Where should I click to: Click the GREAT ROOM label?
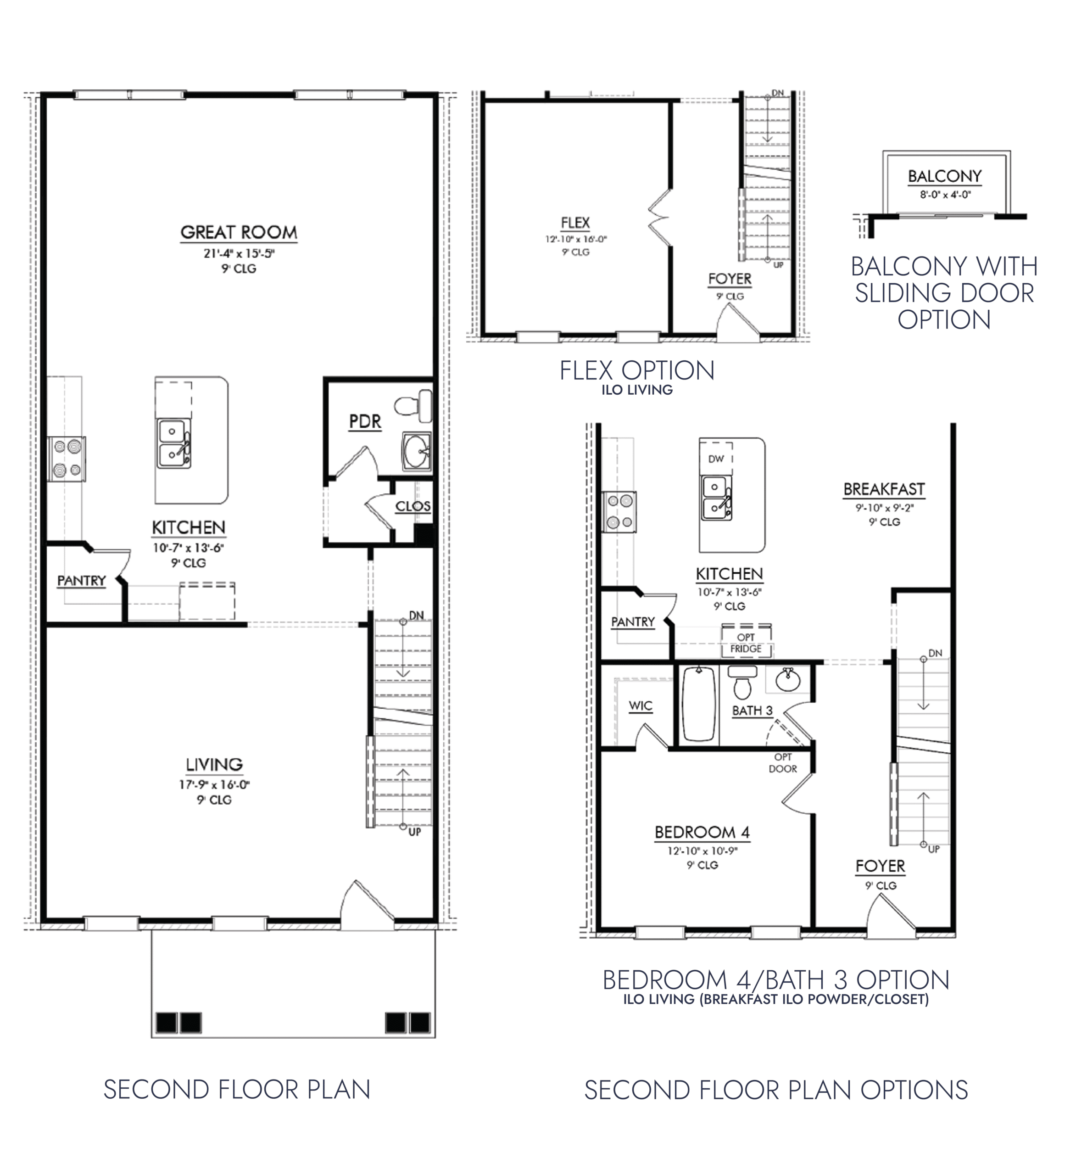point(239,232)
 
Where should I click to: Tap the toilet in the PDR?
point(413,405)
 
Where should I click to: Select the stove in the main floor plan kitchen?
point(67,459)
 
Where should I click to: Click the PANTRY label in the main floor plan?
point(81,581)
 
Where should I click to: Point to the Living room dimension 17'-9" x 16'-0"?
point(214,784)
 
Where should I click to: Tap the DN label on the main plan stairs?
point(417,615)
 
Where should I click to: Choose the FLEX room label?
point(575,223)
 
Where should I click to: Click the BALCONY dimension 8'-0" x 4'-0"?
point(945,194)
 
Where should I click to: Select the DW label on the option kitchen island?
point(716,459)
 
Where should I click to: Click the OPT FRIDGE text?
point(746,643)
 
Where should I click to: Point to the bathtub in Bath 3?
point(699,704)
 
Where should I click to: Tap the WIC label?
point(641,705)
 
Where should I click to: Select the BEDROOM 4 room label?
point(702,832)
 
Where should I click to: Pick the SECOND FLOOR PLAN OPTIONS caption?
point(776,1090)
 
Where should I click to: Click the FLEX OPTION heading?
point(637,371)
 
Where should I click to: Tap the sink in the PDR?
point(417,451)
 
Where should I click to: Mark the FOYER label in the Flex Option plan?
point(730,279)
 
